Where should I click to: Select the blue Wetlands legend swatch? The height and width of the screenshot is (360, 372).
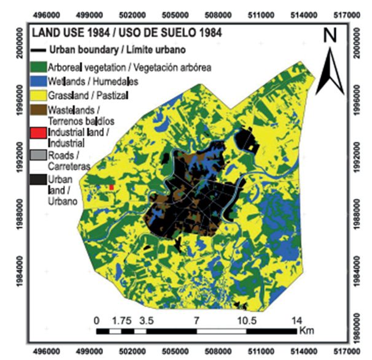point(38,82)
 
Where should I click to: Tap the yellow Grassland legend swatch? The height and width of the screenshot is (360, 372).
point(38,96)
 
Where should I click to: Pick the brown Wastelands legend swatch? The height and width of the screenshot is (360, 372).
point(38,110)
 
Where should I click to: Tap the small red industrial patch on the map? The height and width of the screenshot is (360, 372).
point(111,186)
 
